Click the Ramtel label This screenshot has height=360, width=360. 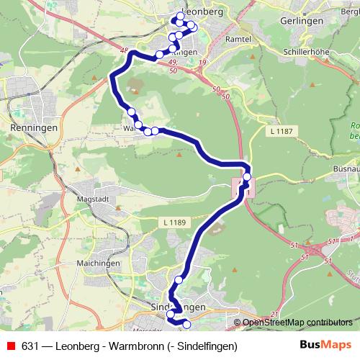[238, 39]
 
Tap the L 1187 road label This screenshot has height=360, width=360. [282, 131]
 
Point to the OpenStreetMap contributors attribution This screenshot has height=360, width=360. [297, 322]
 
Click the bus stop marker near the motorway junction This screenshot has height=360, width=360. [247, 176]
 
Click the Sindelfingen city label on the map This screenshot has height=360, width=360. [179, 307]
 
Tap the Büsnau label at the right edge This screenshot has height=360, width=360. [346, 168]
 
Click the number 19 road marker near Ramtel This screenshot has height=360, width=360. [202, 64]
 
